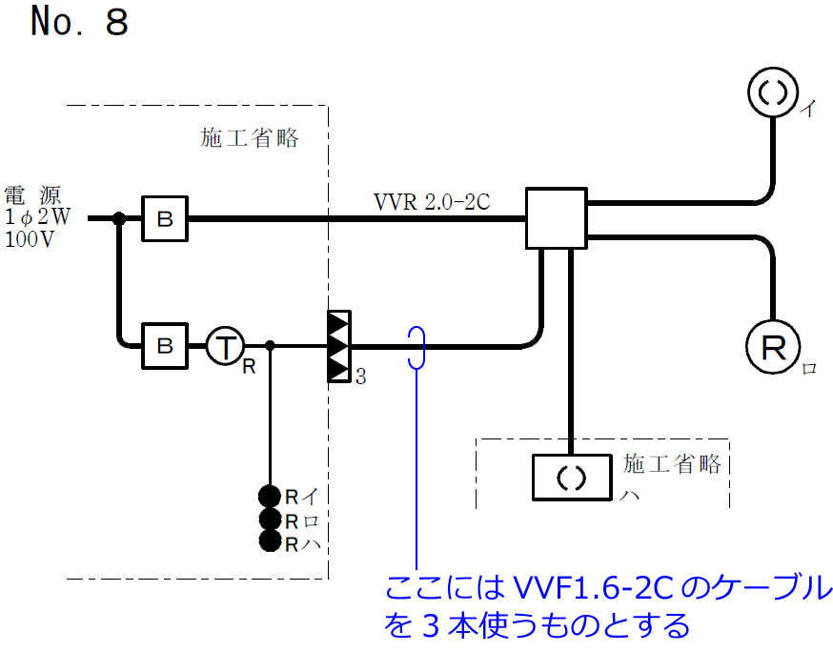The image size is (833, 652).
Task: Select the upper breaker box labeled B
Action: pos(165,219)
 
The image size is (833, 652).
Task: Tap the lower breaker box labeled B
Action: pos(165,344)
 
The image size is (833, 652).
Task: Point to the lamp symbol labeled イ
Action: pos(772,92)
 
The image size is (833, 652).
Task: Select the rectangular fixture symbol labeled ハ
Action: pos(569,477)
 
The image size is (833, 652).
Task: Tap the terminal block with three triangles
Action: pos(339,345)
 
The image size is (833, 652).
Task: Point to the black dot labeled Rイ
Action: pos(270,496)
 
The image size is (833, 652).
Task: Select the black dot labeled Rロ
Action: pos(270,520)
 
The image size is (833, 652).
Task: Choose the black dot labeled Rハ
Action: pos(270,542)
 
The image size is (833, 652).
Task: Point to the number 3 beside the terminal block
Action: pos(360,377)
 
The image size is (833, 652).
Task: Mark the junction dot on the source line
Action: pos(119,219)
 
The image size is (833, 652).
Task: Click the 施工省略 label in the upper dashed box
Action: pos(250,139)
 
